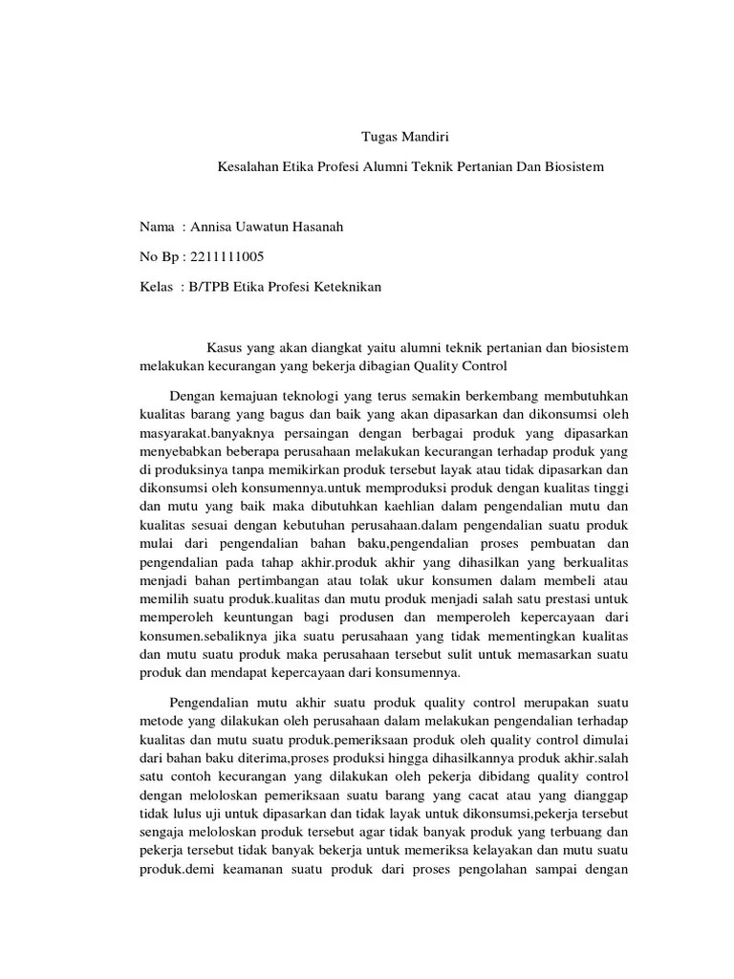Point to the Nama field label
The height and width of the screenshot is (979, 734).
click(x=157, y=228)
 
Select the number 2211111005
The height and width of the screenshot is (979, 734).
click(x=227, y=257)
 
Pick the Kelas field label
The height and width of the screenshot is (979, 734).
click(x=157, y=287)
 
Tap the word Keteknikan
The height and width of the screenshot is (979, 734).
click(x=346, y=287)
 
